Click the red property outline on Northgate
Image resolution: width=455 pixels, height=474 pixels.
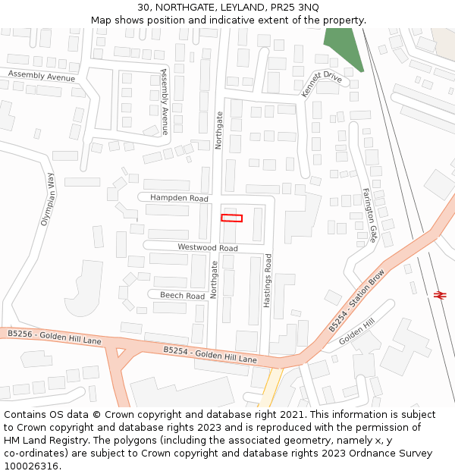231,218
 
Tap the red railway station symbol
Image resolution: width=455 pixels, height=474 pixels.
440,294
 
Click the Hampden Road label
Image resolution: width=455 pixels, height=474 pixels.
179,198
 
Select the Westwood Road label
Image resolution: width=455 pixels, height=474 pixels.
207,248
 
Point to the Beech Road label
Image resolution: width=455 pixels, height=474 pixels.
182,296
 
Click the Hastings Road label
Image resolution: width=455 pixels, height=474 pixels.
267,281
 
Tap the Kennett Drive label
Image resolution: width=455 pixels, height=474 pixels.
322,83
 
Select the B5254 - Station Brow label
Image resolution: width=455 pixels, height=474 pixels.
356,300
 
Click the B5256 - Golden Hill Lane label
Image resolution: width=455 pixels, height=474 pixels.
54,337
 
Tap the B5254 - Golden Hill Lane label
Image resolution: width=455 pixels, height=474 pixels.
210,354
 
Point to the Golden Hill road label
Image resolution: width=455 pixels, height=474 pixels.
357,331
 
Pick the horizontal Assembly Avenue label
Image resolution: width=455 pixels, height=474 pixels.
42,76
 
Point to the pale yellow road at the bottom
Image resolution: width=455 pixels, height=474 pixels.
270,391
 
